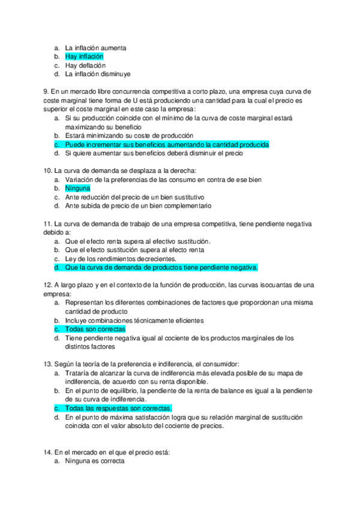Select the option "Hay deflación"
[85, 65]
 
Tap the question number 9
[46, 91]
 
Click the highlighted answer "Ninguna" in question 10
[77, 188]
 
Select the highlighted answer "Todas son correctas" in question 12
[95, 330]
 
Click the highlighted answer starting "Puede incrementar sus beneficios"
[167, 145]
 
